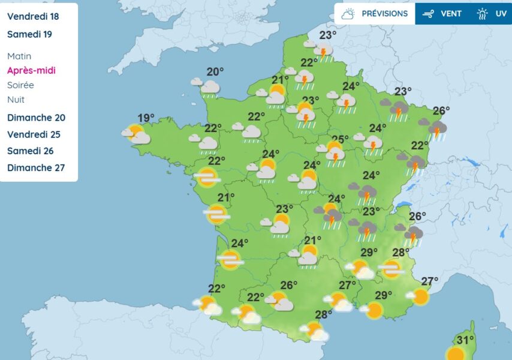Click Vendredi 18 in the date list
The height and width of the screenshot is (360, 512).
pyautogui.click(x=33, y=17)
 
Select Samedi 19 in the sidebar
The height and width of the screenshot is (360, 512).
pyautogui.click(x=29, y=34)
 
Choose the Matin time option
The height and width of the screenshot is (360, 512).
pyautogui.click(x=19, y=56)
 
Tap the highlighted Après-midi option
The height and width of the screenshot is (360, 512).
pyautogui.click(x=31, y=70)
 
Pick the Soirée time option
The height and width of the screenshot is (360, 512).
pyautogui.click(x=20, y=85)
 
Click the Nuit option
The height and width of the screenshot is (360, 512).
pyautogui.click(x=16, y=100)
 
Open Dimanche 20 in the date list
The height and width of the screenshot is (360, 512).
pyautogui.click(x=36, y=118)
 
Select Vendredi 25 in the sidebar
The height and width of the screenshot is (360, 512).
pyautogui.click(x=34, y=134)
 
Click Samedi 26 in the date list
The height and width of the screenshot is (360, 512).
pyautogui.click(x=30, y=151)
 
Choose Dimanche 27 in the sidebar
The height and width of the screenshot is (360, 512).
pyautogui.click(x=36, y=168)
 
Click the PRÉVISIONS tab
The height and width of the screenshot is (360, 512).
pyautogui.click(x=374, y=14)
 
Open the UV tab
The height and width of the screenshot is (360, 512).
pyautogui.click(x=491, y=14)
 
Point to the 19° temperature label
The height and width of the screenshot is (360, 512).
pyautogui.click(x=146, y=118)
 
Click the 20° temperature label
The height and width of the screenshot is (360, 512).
pyautogui.click(x=215, y=72)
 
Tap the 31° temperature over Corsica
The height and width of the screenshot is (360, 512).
pyautogui.click(x=466, y=340)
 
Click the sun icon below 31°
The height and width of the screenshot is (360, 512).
pyautogui.click(x=456, y=353)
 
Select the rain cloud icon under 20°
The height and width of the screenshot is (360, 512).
pyautogui.click(x=209, y=88)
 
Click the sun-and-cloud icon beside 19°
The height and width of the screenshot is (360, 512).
pyautogui.click(x=137, y=134)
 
